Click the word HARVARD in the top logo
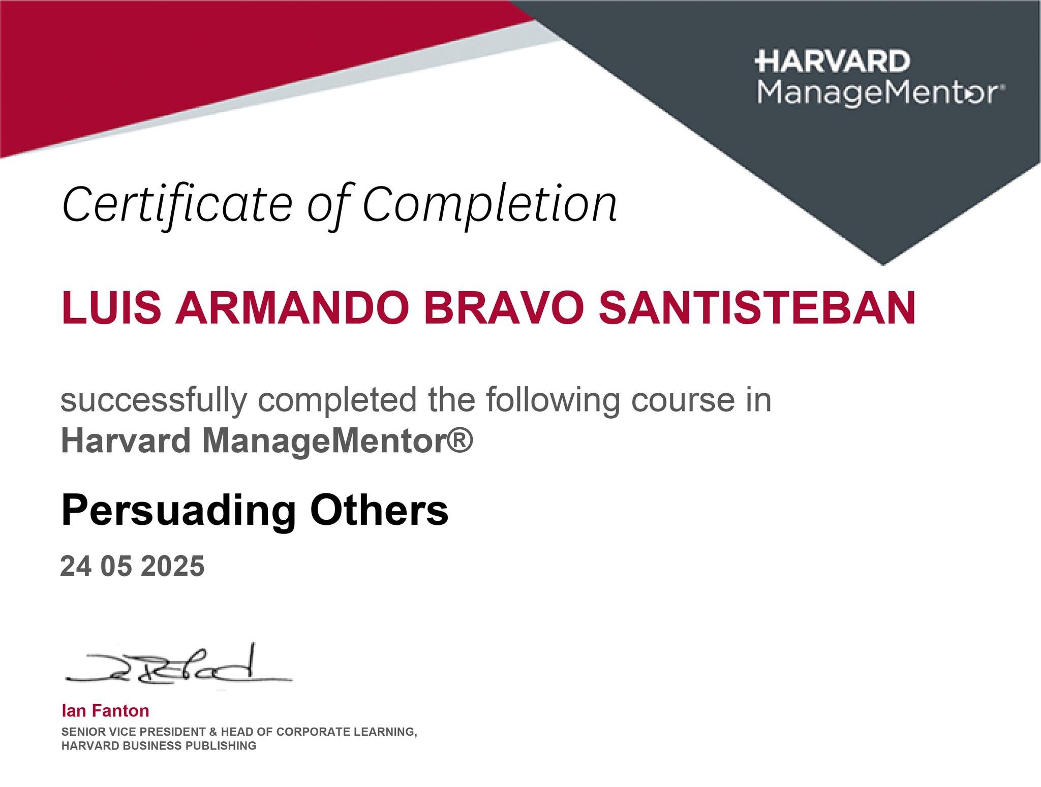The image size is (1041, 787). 832,61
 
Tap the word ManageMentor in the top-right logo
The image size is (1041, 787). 879,93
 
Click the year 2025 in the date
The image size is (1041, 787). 172,566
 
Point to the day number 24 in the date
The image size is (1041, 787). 76,566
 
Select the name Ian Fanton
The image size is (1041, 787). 105,711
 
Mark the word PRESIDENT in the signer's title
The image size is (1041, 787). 170,732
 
